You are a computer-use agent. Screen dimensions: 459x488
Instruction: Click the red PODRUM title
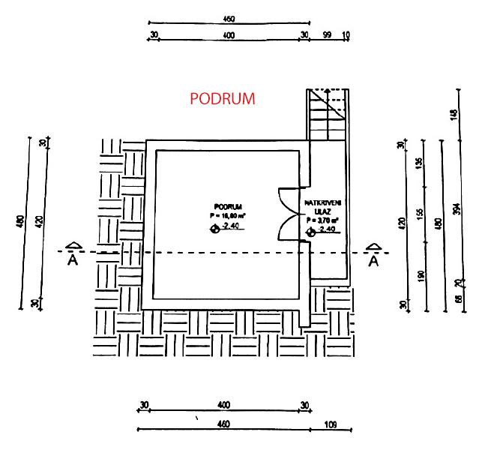[x=223, y=99]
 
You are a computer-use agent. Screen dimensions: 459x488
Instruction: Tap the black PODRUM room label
[x=227, y=205]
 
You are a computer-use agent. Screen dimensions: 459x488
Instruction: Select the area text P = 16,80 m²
[x=228, y=214]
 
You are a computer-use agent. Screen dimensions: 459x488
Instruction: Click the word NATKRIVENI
[x=323, y=203]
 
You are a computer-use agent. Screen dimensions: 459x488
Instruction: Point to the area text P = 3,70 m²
[x=323, y=220]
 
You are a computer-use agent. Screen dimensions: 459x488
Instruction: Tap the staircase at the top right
[x=328, y=114]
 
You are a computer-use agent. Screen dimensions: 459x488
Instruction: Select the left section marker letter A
[x=73, y=260]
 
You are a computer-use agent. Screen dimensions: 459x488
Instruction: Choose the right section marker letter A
[x=373, y=260]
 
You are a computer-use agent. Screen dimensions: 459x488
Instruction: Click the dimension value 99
[x=327, y=35]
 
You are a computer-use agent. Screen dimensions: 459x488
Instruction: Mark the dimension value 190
[x=420, y=276]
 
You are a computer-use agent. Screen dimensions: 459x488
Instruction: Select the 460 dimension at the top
[x=229, y=19]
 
